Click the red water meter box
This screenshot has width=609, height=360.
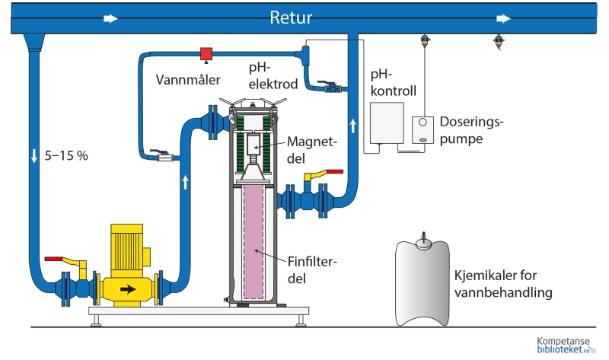(206, 53)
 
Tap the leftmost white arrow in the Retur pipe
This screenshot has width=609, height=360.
(111, 18)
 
